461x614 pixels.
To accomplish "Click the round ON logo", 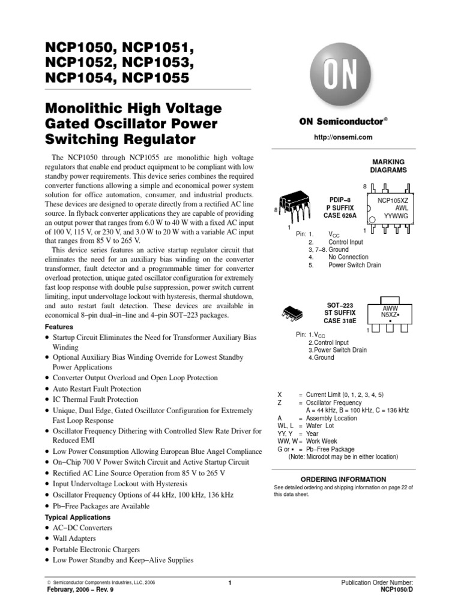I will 341,77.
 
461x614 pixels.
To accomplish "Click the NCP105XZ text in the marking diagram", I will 393,198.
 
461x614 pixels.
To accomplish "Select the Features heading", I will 59,327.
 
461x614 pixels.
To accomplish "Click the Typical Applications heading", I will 78,517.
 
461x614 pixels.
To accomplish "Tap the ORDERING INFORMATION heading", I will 343,480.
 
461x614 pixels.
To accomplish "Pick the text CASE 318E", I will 340,321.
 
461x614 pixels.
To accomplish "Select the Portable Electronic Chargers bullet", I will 96,549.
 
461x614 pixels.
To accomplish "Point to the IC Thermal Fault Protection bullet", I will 95,399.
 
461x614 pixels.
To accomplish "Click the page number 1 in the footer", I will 230,583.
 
